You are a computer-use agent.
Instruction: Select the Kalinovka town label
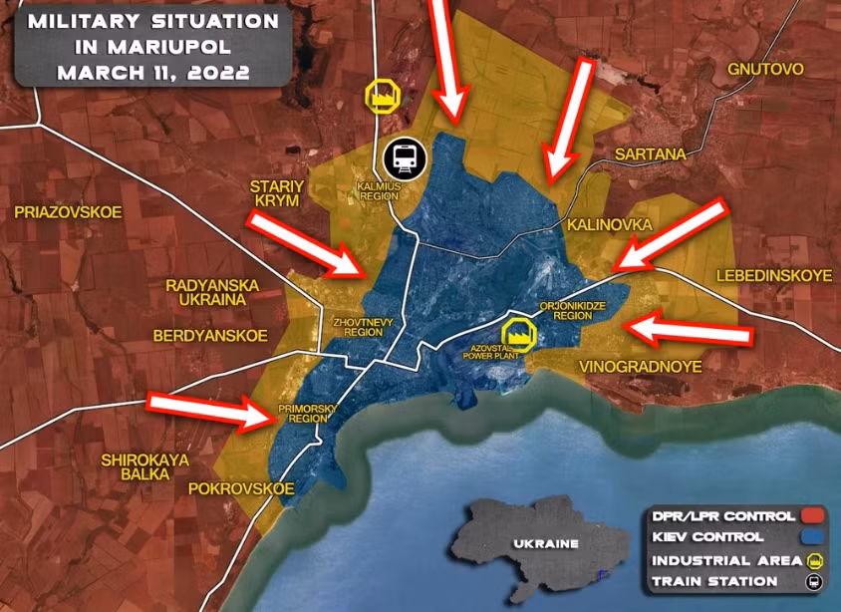coord(609,225)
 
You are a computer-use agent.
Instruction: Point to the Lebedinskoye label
coord(772,275)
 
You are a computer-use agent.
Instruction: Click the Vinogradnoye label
coord(640,367)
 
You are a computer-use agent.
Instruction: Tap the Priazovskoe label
coord(68,211)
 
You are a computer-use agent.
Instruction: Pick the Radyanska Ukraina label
coord(212,293)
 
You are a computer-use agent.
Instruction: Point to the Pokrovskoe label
coord(241,488)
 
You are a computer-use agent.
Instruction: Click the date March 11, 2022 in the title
coord(153,73)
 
